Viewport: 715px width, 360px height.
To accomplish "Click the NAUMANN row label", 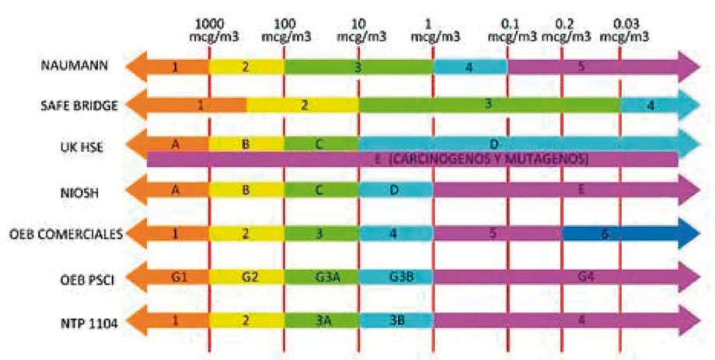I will click(68, 65).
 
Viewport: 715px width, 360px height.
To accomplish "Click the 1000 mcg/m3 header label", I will click(209, 29).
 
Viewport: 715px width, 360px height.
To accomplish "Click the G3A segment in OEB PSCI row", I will click(321, 276).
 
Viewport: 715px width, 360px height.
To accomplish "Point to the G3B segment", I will click(396, 276).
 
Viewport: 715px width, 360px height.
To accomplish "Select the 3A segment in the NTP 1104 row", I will click(321, 318).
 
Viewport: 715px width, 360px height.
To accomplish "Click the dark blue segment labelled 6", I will click(622, 233).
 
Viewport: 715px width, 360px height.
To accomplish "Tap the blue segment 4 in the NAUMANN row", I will click(470, 67).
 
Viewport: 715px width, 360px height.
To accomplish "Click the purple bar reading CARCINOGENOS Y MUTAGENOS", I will click(412, 159).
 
